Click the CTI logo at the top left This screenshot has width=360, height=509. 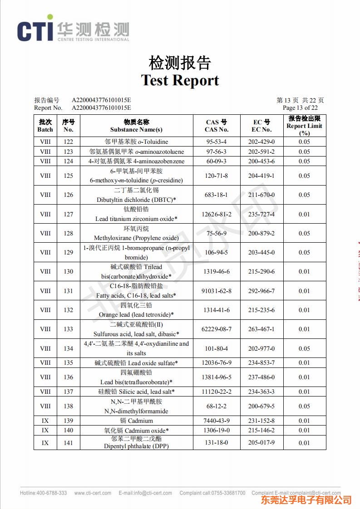(73, 30)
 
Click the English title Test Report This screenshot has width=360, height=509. (180, 80)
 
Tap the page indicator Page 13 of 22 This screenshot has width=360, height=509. (300, 108)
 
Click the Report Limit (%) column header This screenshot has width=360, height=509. (304, 126)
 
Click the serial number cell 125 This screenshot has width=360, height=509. (68, 176)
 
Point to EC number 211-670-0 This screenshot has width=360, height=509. (261, 195)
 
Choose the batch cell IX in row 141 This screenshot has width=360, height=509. (45, 443)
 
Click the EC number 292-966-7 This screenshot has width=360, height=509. (261, 291)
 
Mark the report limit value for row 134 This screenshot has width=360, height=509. (304, 348)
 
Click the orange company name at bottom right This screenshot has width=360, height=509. (306, 500)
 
